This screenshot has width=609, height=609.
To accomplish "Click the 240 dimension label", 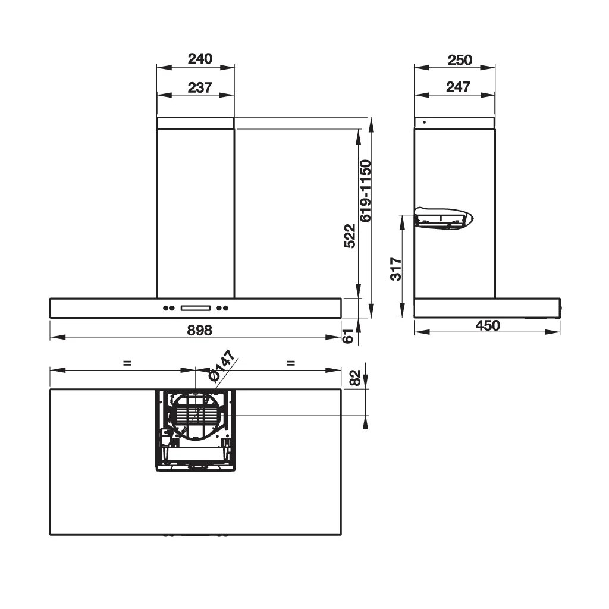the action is click(x=200, y=59).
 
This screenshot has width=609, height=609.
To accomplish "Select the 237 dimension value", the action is click(x=200, y=87).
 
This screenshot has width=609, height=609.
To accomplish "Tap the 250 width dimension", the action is click(x=460, y=60).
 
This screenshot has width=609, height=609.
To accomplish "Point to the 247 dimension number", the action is click(x=458, y=87).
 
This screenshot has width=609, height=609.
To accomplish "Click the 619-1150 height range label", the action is click(x=366, y=191).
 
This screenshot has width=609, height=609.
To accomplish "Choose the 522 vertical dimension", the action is click(x=350, y=236).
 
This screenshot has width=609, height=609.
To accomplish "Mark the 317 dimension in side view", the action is click(x=395, y=268).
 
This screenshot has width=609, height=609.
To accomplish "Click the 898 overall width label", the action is click(x=200, y=330).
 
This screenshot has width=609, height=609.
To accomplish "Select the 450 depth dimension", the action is click(x=488, y=325).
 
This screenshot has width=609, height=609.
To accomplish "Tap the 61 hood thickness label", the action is click(x=349, y=336).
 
